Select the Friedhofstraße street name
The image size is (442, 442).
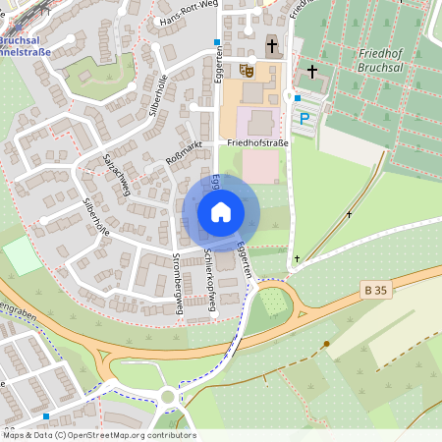coord(257,142)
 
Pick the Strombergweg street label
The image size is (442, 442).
coord(179,285)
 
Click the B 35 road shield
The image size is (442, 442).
coord(374,290)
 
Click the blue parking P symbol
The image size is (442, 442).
coord(304,118)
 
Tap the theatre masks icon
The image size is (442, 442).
coord(247,70)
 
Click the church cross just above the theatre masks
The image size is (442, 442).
coord(272,44)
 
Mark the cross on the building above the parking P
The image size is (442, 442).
coord(313,72)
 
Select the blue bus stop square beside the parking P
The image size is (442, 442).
coord(298,97)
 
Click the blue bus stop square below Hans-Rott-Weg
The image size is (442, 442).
coord(217,42)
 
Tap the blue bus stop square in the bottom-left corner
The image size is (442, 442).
coord(46,415)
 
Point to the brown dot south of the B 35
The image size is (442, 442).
coord(326,344)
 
